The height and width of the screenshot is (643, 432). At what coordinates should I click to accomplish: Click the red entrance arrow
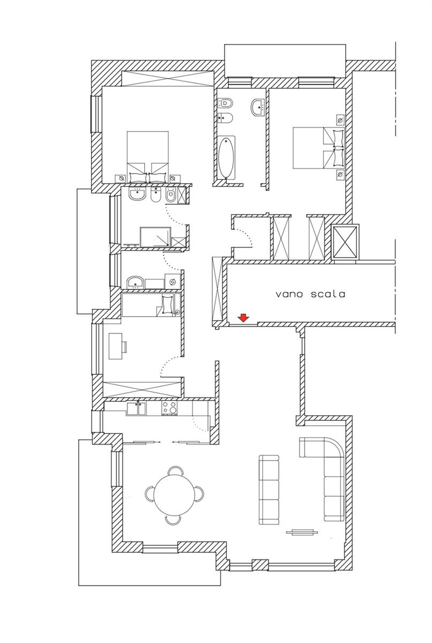[243, 318]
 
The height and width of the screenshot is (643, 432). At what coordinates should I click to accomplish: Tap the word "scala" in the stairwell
[328, 294]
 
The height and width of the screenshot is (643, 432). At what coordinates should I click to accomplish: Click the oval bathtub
[227, 159]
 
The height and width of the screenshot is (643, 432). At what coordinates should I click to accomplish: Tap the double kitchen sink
[136, 408]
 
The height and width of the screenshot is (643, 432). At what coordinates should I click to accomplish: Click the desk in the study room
[116, 346]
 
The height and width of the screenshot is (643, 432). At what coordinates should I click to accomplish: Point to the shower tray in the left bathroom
[155, 237]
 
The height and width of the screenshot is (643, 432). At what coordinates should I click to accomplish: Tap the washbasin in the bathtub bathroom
[257, 107]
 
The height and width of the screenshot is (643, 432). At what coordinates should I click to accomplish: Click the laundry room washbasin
[136, 282]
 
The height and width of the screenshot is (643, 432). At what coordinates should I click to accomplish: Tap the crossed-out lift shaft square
[345, 243]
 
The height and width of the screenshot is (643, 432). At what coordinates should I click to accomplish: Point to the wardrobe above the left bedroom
[167, 78]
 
